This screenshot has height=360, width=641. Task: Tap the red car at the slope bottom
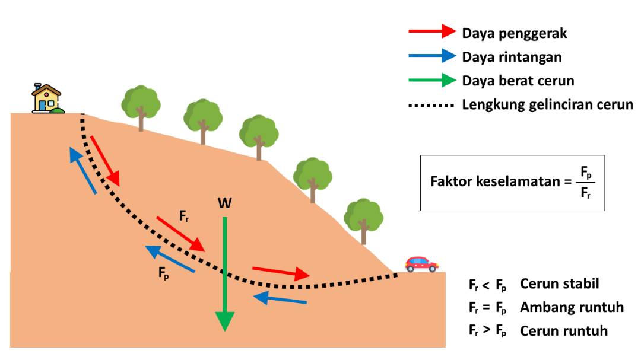pyautogui.click(x=421, y=264)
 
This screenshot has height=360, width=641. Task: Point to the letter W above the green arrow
pyautogui.click(x=224, y=204)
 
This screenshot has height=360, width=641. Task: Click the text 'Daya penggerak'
pyautogui.click(x=515, y=33)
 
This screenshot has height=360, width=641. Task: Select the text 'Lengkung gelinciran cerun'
pyautogui.click(x=547, y=106)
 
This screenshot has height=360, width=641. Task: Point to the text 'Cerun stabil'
pyautogui.click(x=559, y=283)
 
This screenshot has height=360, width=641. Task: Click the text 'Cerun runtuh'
pyautogui.click(x=563, y=331)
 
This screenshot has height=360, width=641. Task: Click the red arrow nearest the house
pyautogui.click(x=105, y=160)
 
